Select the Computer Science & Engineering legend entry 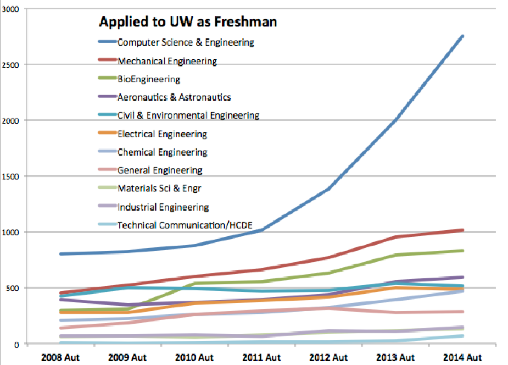coord(186,42)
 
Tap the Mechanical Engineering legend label coord(167,60)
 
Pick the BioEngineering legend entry coord(148,79)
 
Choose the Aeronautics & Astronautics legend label coord(174,97)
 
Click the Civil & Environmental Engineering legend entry coord(188,115)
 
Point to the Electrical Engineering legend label coord(162,134)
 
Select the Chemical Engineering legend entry coord(162,152)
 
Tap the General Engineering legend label coord(159,170)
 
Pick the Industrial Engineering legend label coord(163,207)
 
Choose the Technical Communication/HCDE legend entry coord(178,225)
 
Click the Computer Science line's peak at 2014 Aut coord(462,36)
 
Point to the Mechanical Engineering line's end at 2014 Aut coord(462,230)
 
